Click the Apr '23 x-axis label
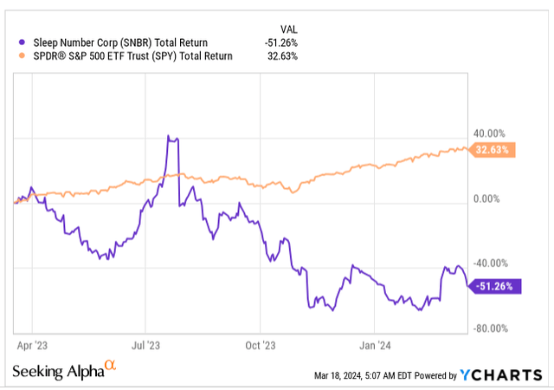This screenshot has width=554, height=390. (x=32, y=344)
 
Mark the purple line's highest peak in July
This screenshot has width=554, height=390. (x=170, y=136)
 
